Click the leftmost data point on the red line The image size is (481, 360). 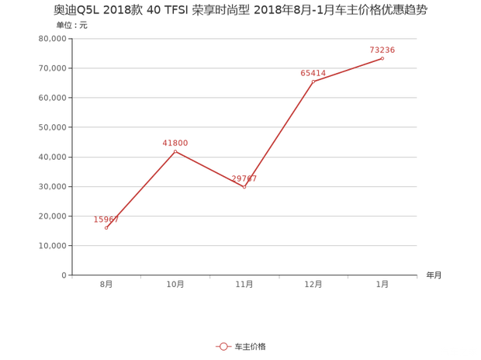pos(106,228)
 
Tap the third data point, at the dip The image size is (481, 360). pos(244,186)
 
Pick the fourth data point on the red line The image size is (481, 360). pos(313,80)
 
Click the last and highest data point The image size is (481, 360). pos(382,57)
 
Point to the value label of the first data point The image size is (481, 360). pos(106,220)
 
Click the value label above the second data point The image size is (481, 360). pos(175,142)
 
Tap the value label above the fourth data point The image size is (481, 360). pos(312,74)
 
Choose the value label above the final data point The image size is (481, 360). pos(382,50)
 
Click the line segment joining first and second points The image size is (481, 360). pos(141,189)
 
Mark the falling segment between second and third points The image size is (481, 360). pos(209,168)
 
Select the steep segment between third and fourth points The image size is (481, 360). pos(279,133)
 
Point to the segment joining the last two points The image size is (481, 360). pos(348,69)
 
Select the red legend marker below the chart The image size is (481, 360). pos(223,346)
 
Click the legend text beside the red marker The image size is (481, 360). pos(250,346)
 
